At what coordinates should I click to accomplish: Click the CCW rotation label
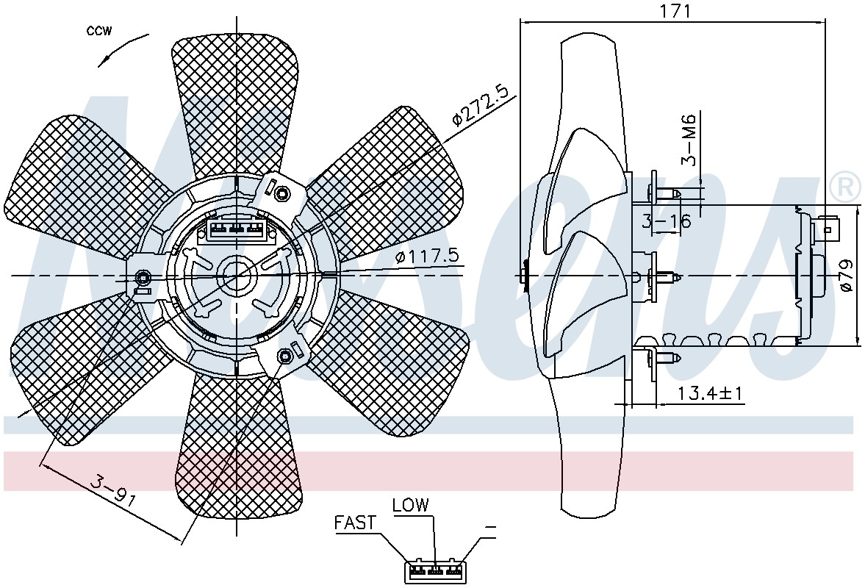[99, 31]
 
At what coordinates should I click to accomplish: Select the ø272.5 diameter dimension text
[479, 107]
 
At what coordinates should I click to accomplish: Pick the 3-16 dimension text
[667, 221]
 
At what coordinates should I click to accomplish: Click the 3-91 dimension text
[113, 489]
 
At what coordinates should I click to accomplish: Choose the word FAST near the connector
[355, 523]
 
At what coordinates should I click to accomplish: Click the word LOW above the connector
[410, 504]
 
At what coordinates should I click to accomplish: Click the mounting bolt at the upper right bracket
[283, 193]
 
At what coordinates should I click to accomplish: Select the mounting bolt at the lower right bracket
[284, 356]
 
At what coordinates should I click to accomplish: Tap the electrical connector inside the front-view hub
[237, 227]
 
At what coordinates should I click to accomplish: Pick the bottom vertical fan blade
[237, 447]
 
